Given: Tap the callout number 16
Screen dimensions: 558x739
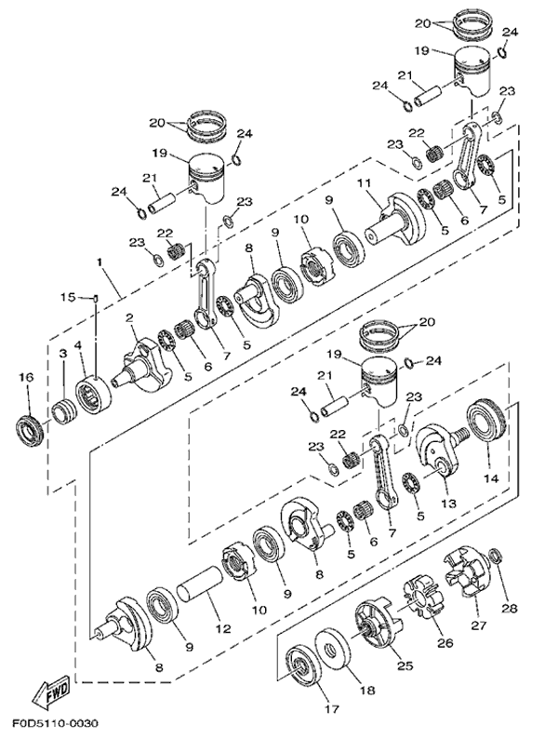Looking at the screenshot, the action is click(x=26, y=377).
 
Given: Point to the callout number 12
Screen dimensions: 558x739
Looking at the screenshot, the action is click(x=223, y=628).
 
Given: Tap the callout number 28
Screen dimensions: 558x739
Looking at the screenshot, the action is click(x=510, y=608).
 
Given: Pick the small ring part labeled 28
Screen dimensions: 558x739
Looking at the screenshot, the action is click(x=496, y=557).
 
